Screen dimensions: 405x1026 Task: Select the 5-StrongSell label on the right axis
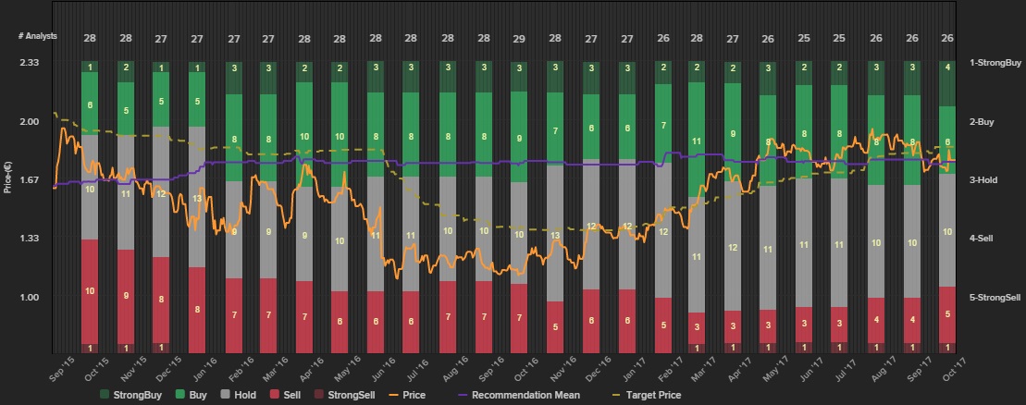995,297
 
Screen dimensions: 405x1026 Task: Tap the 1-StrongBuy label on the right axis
995,62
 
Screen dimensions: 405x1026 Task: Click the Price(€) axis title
8,176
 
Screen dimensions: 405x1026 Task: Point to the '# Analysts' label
38,36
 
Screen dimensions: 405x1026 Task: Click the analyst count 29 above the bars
519,38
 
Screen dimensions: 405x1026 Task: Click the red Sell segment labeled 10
90,291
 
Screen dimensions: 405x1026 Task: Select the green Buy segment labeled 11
698,141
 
